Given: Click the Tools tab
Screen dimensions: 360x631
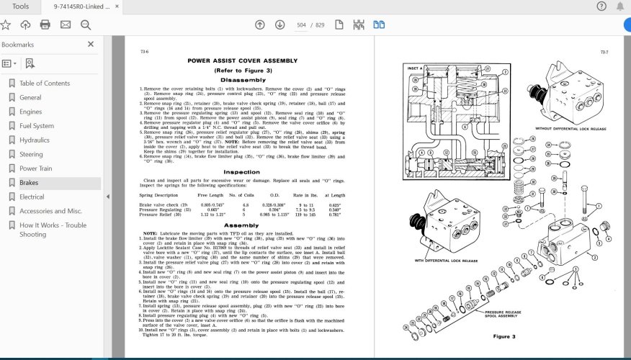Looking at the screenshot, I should point(21,6).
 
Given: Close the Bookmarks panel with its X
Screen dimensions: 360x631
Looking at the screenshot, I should point(91,44).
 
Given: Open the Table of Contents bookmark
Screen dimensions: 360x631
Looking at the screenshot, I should point(45,83).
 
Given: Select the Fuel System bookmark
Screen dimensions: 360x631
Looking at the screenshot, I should point(36,126).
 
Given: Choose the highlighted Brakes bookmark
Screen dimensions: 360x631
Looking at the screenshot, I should point(29,183).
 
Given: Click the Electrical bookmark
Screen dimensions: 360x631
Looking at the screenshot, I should point(32,197).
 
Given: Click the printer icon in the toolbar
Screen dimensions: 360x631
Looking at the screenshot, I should point(45,24).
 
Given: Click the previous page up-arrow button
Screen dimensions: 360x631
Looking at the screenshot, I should point(260,24).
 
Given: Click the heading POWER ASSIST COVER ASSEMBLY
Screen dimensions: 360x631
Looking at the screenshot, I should point(241,61).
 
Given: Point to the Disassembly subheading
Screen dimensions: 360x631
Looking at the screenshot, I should point(241,81).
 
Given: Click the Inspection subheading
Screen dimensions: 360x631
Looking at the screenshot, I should point(241,172).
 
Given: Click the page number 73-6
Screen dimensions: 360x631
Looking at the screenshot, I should point(144,52).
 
